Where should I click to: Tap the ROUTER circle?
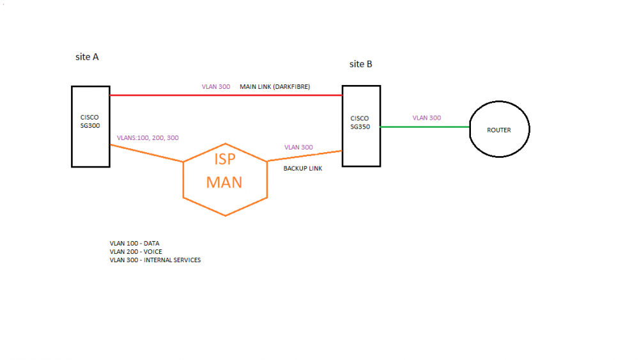(x=499, y=130)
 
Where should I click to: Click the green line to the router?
(x=425, y=127)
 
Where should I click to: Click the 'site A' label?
(x=87, y=57)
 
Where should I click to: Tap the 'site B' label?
(x=361, y=64)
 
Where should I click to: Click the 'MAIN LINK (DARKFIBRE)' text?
(x=275, y=86)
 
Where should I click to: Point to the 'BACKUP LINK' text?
(x=303, y=169)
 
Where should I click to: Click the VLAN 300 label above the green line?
(x=426, y=118)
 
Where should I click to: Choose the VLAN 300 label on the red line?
(x=215, y=86)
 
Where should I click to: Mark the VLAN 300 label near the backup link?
(x=298, y=147)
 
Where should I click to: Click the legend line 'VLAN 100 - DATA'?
(x=135, y=244)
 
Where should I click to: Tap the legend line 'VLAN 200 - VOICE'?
(x=136, y=252)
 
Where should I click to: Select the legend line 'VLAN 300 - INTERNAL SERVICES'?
(x=155, y=260)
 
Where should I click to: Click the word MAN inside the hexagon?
(x=224, y=182)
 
